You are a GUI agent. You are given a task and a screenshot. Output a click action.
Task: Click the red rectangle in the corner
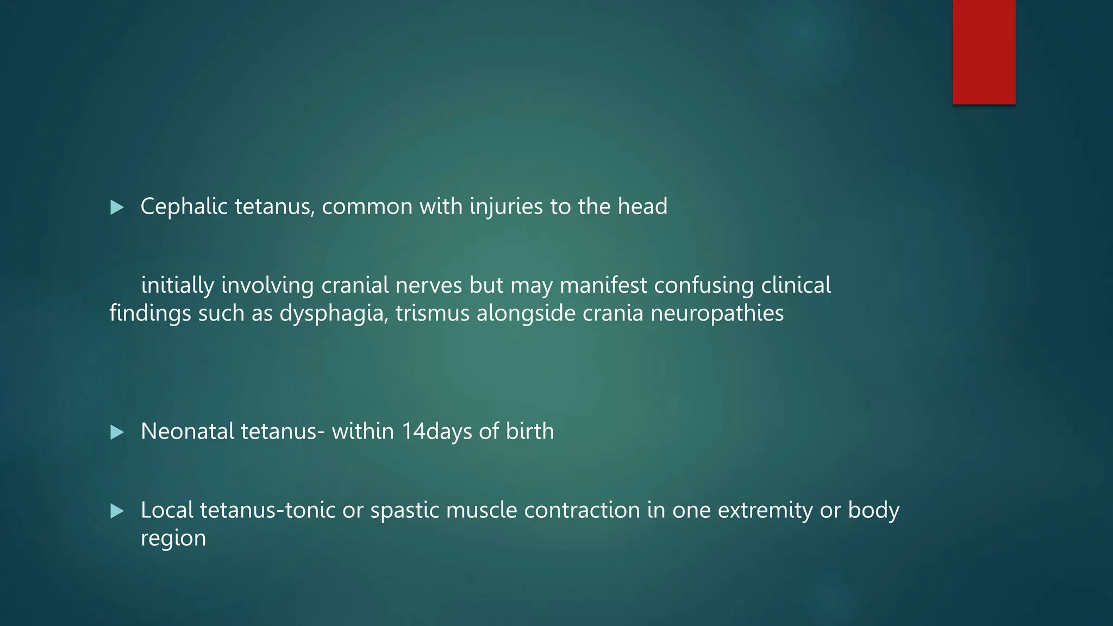click(984, 52)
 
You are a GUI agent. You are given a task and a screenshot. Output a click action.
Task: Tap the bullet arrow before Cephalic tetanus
click(117, 207)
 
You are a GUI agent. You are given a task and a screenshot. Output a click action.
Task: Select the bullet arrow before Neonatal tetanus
click(117, 433)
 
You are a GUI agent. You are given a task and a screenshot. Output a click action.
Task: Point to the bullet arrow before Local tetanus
click(117, 511)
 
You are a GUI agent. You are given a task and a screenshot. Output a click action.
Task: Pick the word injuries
click(506, 206)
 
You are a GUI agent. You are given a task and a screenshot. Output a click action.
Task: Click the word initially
click(178, 285)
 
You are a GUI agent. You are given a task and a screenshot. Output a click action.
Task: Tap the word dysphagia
click(332, 314)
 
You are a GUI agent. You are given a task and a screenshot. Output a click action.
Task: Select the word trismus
click(433, 314)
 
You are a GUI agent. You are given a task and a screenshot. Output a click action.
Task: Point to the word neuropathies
click(717, 314)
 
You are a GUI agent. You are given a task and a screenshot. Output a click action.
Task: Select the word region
click(173, 539)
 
